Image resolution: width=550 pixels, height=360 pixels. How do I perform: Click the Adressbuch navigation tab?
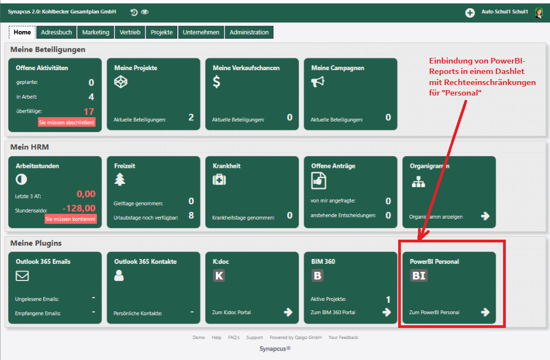coord(56,32)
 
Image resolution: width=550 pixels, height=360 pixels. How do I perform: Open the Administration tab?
coord(249,32)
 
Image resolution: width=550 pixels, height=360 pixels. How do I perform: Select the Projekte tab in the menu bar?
coord(162,32)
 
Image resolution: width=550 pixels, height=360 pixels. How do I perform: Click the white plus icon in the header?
coord(470,13)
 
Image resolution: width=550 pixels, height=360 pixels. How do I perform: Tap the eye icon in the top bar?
coord(145,12)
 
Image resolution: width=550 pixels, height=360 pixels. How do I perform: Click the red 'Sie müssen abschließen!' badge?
coord(67,122)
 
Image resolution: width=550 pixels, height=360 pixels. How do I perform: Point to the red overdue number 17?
coord(89,112)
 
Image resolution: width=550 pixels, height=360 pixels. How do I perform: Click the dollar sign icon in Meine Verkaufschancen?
coord(217,82)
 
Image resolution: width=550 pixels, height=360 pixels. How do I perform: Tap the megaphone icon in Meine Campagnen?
coord(318,82)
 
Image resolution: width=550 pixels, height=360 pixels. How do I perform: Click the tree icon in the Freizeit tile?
coord(120,179)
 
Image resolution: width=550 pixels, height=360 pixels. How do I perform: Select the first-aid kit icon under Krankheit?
coord(219,180)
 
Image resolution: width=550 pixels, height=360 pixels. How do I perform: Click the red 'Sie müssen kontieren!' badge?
coord(70,219)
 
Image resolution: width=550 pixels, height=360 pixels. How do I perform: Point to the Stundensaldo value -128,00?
coord(79,208)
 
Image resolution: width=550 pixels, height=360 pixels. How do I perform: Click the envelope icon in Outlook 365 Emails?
coord(22,276)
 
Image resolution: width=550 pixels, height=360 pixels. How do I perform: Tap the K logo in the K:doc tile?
coord(219,276)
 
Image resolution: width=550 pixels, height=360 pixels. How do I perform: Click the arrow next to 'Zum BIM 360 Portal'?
coord(387,312)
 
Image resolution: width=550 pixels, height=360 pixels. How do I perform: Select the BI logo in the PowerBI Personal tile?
coord(419,276)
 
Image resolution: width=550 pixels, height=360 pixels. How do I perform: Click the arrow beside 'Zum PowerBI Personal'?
coord(485,312)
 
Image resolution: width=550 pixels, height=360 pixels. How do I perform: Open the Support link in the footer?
coord(255,337)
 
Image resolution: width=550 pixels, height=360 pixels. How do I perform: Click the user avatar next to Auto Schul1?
coord(539,13)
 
